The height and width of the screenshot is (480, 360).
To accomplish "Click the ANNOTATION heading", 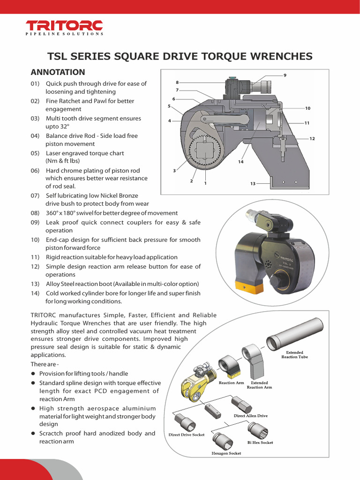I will click(x=58, y=72).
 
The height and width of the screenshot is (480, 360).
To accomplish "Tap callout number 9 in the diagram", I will click(x=285, y=75).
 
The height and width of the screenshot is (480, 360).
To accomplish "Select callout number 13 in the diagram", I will click(x=253, y=184).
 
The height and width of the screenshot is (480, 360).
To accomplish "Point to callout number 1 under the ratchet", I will click(x=205, y=183).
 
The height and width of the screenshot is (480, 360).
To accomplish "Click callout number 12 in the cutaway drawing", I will click(x=312, y=139).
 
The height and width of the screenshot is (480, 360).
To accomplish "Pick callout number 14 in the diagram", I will click(x=240, y=162).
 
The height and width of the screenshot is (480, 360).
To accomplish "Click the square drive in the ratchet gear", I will click(x=205, y=150).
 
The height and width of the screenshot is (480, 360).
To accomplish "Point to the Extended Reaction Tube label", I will click(x=294, y=354).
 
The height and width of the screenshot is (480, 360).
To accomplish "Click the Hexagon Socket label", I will click(x=226, y=453).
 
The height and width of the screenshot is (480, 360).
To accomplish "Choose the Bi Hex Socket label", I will click(x=260, y=442).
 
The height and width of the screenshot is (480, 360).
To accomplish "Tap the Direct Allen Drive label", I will click(x=251, y=416).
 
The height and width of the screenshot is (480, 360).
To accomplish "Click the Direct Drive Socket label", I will click(x=187, y=435).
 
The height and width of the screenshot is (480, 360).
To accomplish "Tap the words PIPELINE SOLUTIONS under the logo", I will click(x=65, y=34).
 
